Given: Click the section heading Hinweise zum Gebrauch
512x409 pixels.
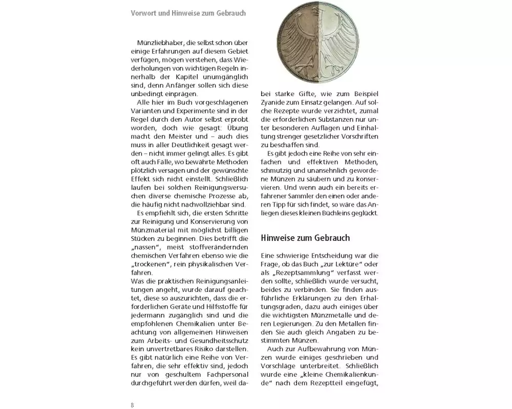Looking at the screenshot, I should [306, 238].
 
